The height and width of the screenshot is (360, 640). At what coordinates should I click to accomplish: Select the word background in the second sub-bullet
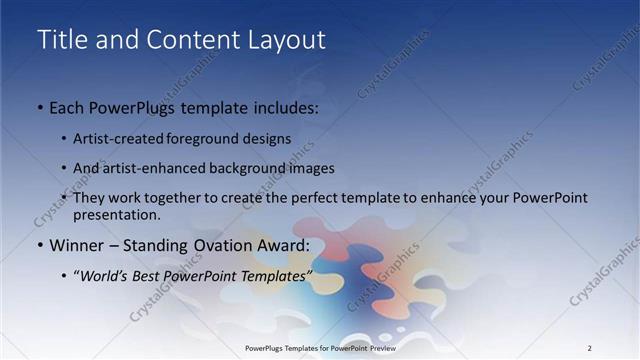point(246,168)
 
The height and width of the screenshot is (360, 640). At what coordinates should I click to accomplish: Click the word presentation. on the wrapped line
point(116,215)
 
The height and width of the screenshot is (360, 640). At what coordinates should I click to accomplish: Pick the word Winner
point(78,245)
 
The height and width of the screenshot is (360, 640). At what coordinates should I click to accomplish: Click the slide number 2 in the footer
point(589,348)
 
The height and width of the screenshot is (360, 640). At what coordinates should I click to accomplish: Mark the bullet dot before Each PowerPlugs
point(39,106)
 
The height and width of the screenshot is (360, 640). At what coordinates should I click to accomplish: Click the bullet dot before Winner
point(39,246)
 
